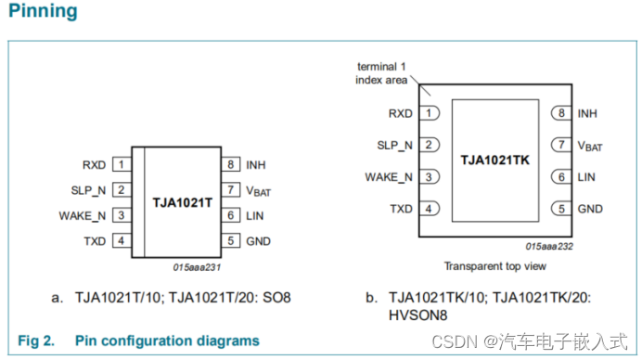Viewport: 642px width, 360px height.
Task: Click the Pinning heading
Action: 42,12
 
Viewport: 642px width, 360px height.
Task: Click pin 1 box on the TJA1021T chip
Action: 121,165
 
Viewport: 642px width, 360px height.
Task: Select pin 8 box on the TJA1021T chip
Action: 229,165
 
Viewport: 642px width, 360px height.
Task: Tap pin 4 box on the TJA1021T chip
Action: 121,241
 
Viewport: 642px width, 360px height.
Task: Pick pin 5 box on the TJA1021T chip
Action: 229,241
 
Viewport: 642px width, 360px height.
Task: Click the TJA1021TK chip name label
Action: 494,161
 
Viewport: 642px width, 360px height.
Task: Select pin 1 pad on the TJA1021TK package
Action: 429,113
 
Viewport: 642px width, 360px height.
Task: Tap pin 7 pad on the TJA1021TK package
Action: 559,145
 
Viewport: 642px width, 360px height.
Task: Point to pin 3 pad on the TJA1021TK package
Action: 429,177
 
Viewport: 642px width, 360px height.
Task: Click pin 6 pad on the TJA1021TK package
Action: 559,177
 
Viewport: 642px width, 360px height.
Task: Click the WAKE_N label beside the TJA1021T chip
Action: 82,216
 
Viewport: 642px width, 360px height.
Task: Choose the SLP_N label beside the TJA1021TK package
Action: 394,146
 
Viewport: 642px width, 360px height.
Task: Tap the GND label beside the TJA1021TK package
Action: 590,209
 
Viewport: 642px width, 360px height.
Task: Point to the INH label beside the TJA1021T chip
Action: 256,165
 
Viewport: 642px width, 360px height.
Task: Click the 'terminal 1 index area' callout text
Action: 382,73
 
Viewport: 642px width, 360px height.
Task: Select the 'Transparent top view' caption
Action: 494,266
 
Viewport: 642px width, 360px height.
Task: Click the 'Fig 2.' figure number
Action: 36,341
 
